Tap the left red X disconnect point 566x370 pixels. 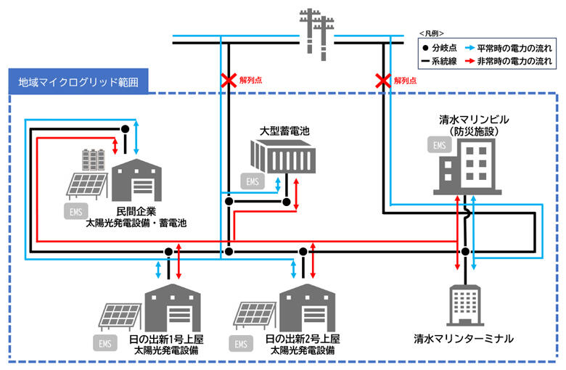(x=228, y=80)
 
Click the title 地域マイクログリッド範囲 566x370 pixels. (x=78, y=81)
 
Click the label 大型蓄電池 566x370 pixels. (x=284, y=131)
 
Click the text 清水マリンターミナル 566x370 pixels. (x=464, y=338)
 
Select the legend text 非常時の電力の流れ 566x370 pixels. (x=512, y=62)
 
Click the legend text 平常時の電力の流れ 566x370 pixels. (x=512, y=48)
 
